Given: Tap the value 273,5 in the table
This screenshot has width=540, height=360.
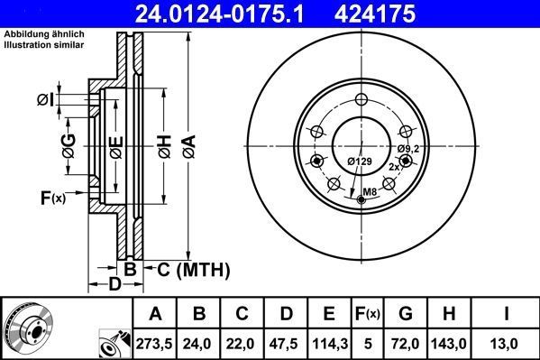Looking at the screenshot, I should click(x=156, y=344).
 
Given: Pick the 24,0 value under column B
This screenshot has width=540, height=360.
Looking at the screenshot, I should click(x=200, y=344).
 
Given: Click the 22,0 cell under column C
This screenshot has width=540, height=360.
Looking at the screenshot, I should click(x=243, y=344).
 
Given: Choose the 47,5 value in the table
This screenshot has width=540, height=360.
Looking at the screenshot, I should click(x=287, y=344).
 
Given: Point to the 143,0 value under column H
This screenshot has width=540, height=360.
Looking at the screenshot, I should click(x=454, y=344).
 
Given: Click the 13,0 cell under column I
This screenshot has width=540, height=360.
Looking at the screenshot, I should click(x=507, y=344).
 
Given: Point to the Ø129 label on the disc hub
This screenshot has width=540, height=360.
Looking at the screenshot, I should click(x=360, y=162).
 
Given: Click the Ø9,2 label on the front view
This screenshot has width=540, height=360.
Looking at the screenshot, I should click(x=408, y=147).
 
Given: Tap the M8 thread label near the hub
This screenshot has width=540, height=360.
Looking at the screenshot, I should click(x=370, y=190).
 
